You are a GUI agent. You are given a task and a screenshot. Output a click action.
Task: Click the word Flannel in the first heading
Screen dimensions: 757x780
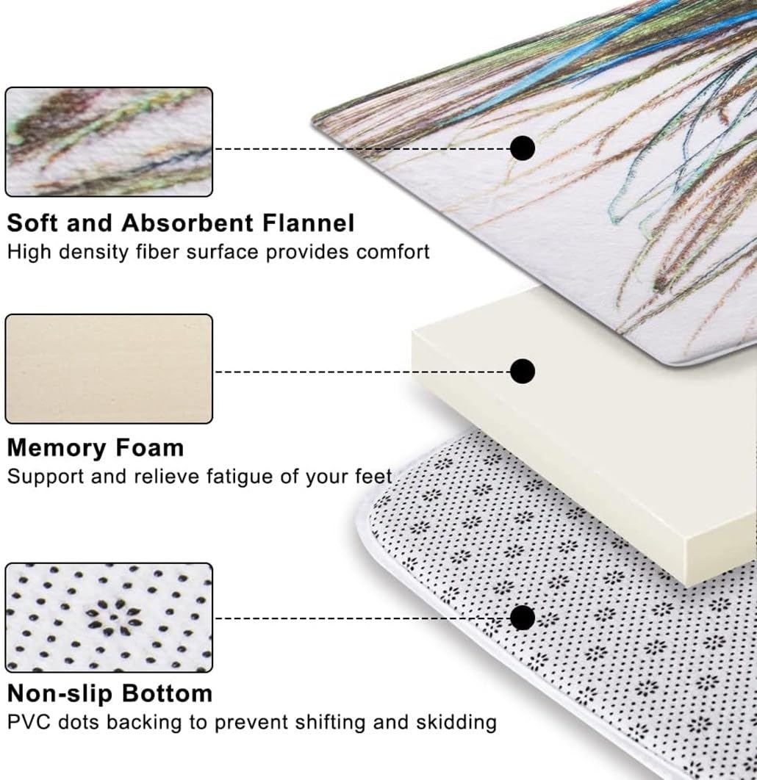[x=308, y=223]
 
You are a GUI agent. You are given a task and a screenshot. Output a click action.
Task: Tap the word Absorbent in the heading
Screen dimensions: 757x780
[x=187, y=223]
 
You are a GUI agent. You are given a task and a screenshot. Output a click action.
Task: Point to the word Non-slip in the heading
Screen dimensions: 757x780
[x=60, y=693]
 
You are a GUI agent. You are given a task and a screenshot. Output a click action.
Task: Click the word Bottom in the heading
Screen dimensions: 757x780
[x=168, y=693]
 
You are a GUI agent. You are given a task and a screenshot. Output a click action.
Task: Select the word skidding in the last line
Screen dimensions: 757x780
[x=456, y=723]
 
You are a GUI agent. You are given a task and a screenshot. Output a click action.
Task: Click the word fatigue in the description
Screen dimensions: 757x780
[x=238, y=477]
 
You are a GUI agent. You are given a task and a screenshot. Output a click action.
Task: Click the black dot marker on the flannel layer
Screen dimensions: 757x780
[x=523, y=148]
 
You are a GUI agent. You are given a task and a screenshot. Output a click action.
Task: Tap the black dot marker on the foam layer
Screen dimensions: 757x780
[x=523, y=371]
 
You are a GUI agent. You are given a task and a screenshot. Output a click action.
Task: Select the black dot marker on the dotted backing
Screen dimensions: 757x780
[x=523, y=618]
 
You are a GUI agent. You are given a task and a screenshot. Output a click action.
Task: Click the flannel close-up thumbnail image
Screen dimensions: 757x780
[x=109, y=142]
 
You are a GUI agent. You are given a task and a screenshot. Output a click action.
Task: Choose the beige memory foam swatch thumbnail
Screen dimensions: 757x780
[x=109, y=369]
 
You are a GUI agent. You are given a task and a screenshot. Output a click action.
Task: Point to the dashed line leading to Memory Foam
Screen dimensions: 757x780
[x=362, y=372]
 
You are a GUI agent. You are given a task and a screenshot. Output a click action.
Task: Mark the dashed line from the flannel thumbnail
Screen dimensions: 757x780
[x=362, y=149]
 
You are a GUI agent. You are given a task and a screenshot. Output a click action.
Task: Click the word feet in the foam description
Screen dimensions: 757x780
[x=373, y=476]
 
